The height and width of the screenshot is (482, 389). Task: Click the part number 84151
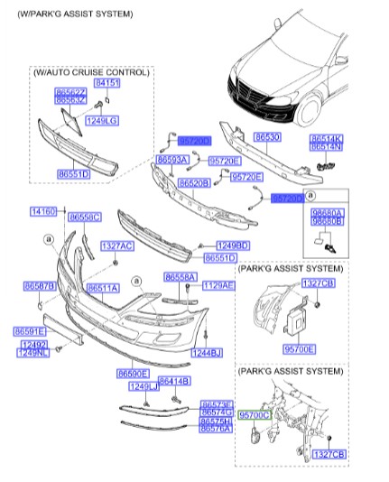[107, 83]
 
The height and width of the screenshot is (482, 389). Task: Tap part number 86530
[266, 138]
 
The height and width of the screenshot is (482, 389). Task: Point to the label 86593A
[171, 160]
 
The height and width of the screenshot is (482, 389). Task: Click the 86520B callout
[194, 183]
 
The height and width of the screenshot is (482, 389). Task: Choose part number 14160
[43, 211]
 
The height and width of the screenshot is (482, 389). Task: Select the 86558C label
[86, 217]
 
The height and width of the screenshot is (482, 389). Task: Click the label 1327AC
[116, 246]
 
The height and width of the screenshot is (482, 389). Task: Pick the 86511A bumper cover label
[102, 288]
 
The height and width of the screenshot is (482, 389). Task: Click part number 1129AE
[218, 285]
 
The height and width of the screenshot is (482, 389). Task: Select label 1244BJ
[207, 353]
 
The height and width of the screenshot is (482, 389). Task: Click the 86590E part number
[133, 373]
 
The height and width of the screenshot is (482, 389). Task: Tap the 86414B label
[173, 382]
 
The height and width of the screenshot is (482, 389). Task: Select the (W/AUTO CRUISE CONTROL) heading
[90, 70]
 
